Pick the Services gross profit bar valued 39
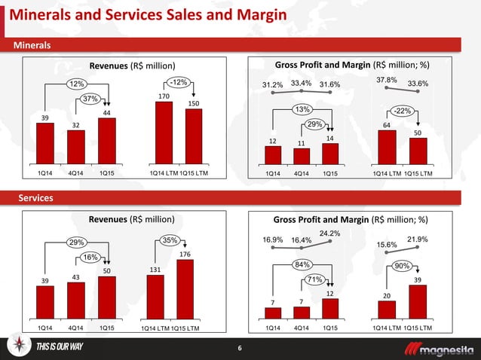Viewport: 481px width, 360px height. click(x=418, y=302)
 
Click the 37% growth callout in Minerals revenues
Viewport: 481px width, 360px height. click(x=91, y=99)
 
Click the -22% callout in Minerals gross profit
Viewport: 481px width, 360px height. click(x=404, y=111)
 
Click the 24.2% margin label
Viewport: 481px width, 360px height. click(x=329, y=233)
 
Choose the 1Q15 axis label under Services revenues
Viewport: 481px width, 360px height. click(x=107, y=328)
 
